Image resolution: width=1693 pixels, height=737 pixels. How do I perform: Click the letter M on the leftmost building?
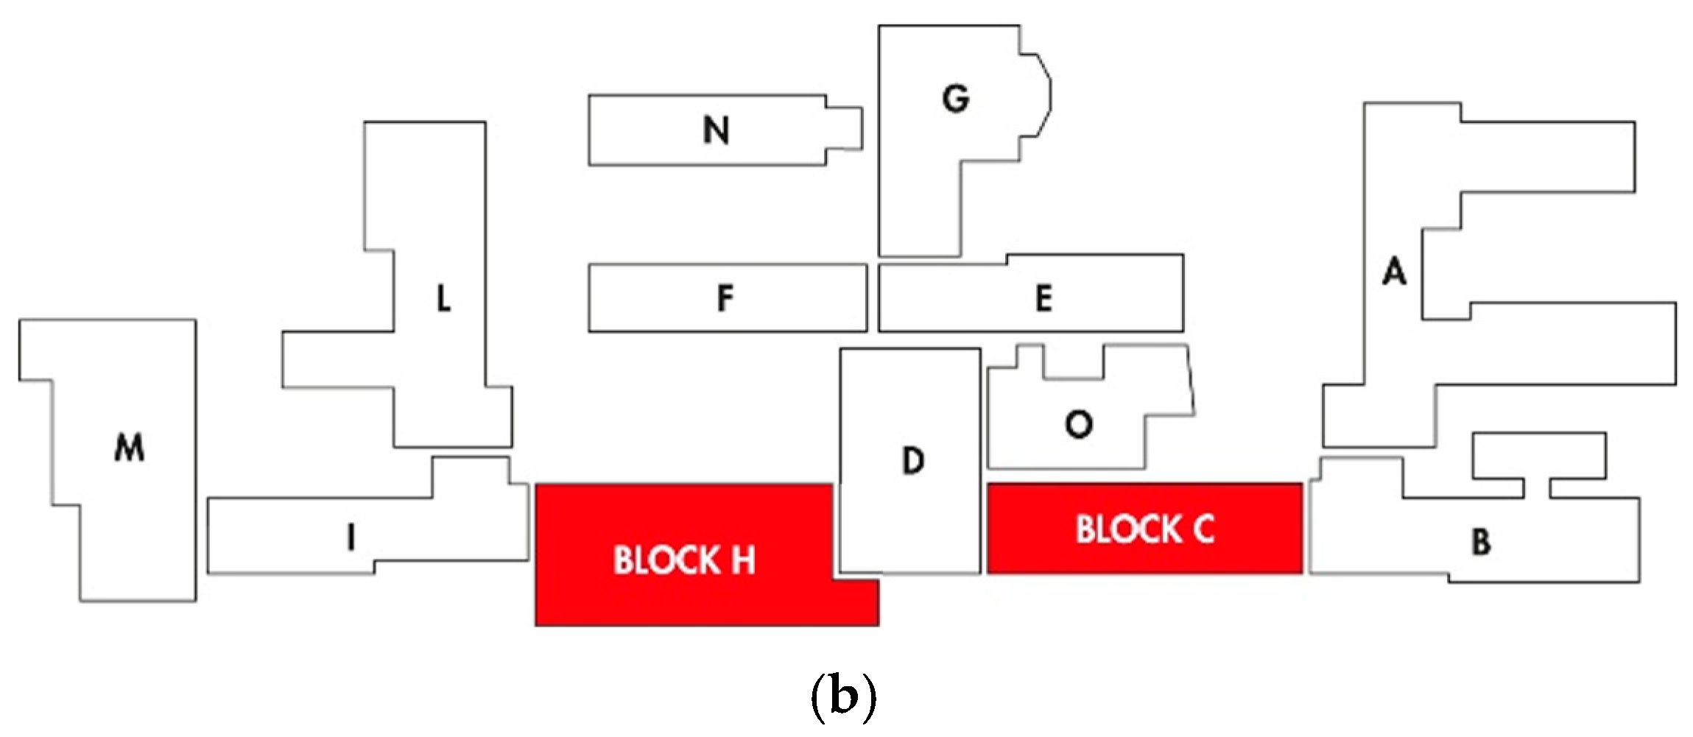[130, 447]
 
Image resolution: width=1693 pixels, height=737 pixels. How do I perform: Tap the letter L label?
[443, 298]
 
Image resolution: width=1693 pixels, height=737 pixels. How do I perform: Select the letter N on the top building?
[716, 130]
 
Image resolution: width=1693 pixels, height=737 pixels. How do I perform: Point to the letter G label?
[956, 99]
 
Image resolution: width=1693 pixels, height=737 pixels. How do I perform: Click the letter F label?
[725, 298]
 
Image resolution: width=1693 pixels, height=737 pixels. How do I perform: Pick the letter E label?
[1043, 298]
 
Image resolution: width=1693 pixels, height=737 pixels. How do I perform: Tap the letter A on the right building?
[1394, 271]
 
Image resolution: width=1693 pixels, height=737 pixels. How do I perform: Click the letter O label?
[1079, 424]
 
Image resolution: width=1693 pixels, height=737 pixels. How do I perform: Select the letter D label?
[913, 461]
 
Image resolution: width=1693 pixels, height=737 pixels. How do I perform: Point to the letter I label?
[351, 537]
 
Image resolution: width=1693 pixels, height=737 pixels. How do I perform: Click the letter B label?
[1481, 542]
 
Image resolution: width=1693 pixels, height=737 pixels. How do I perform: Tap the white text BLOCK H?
[684, 560]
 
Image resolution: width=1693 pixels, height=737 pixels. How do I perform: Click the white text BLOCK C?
[1144, 529]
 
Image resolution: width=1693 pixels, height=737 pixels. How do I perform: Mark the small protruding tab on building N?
[844, 129]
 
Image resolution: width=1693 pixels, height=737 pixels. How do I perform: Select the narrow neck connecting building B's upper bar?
[1536, 487]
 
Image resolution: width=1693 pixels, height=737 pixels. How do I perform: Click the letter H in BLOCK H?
[743, 560]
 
